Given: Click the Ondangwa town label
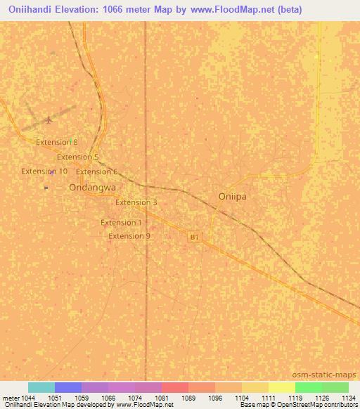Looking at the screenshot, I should point(92,188).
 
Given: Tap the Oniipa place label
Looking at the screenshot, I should point(232,197).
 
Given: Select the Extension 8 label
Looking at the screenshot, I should point(57,142).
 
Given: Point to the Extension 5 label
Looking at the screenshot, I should point(78,157).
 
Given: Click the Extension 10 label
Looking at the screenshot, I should point(44,171).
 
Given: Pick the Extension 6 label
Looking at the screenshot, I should point(97,171).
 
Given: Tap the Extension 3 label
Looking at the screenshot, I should point(136,202).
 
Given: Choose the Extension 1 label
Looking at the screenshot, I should point(122,223).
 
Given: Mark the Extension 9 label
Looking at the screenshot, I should point(129,236).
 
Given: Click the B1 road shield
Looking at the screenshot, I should point(195,238).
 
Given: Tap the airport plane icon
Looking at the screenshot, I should point(48,119).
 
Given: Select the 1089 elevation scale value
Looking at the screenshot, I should point(187,397).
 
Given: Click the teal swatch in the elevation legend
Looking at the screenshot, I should point(41,387).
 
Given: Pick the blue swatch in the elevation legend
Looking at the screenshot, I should point(68,387).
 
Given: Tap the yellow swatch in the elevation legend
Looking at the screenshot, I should point(282,387).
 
